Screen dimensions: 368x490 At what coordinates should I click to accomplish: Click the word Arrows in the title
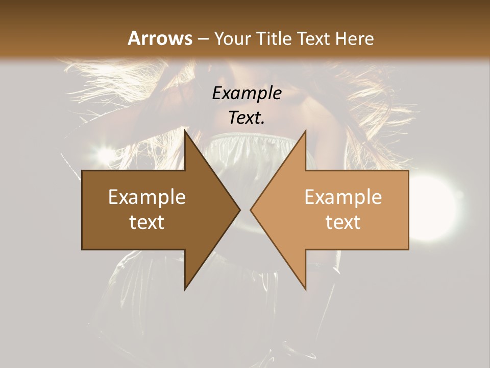tap(160, 38)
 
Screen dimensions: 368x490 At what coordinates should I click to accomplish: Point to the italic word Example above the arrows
tap(247, 94)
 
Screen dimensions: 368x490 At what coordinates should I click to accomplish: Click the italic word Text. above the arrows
tap(247, 118)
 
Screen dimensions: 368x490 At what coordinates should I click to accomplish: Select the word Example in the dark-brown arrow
tap(147, 197)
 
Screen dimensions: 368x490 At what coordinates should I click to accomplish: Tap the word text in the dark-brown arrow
tap(147, 222)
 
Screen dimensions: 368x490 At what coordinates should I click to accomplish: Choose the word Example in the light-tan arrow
tap(343, 197)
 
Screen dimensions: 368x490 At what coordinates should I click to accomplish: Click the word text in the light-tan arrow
tap(343, 222)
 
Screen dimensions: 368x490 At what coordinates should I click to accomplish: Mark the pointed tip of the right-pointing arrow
tap(239, 210)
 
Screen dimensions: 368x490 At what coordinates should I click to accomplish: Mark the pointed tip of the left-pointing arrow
tap(251, 210)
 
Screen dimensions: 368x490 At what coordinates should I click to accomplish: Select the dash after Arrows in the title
tap(203, 39)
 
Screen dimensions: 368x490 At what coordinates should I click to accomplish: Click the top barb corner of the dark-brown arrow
tap(185, 131)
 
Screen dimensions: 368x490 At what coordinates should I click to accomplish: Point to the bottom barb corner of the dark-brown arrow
tap(185, 289)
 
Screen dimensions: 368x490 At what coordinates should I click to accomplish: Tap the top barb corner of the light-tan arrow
tap(305, 131)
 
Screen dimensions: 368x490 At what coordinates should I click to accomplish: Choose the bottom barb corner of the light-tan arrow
tap(305, 289)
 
